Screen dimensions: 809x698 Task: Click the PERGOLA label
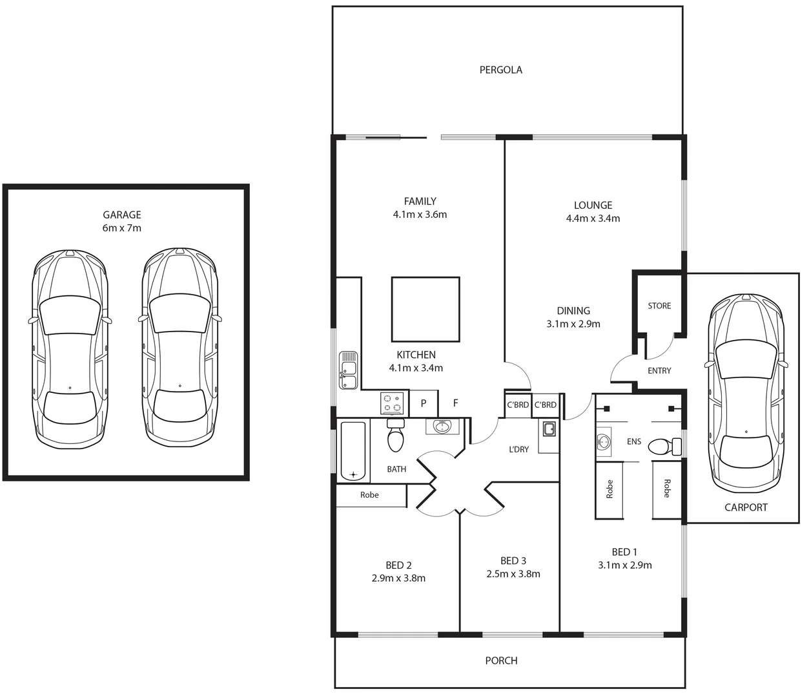[501, 70]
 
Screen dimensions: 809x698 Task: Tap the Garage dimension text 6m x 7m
[122, 228]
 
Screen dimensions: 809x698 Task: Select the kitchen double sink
[348, 370]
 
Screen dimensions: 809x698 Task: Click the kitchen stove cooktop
[393, 404]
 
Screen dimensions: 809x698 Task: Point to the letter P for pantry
[424, 403]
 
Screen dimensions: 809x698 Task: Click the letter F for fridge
[455, 403]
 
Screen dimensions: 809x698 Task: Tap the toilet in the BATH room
[395, 435]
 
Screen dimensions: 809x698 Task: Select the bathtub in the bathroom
[353, 451]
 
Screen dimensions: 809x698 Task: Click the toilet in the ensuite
[664, 447]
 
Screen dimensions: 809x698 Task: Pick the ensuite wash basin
[604, 442]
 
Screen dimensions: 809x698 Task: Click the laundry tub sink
[549, 429]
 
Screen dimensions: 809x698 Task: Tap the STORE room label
[659, 306]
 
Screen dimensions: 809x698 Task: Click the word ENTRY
[659, 370]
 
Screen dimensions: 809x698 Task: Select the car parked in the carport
[746, 394]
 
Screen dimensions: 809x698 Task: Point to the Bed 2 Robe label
[369, 495]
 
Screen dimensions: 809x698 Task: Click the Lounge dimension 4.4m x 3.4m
[593, 218]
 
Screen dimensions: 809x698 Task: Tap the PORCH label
[502, 661]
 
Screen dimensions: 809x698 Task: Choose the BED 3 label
[513, 561]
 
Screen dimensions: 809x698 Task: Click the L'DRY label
[519, 450]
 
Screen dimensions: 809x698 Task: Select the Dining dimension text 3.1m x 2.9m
[573, 324]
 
